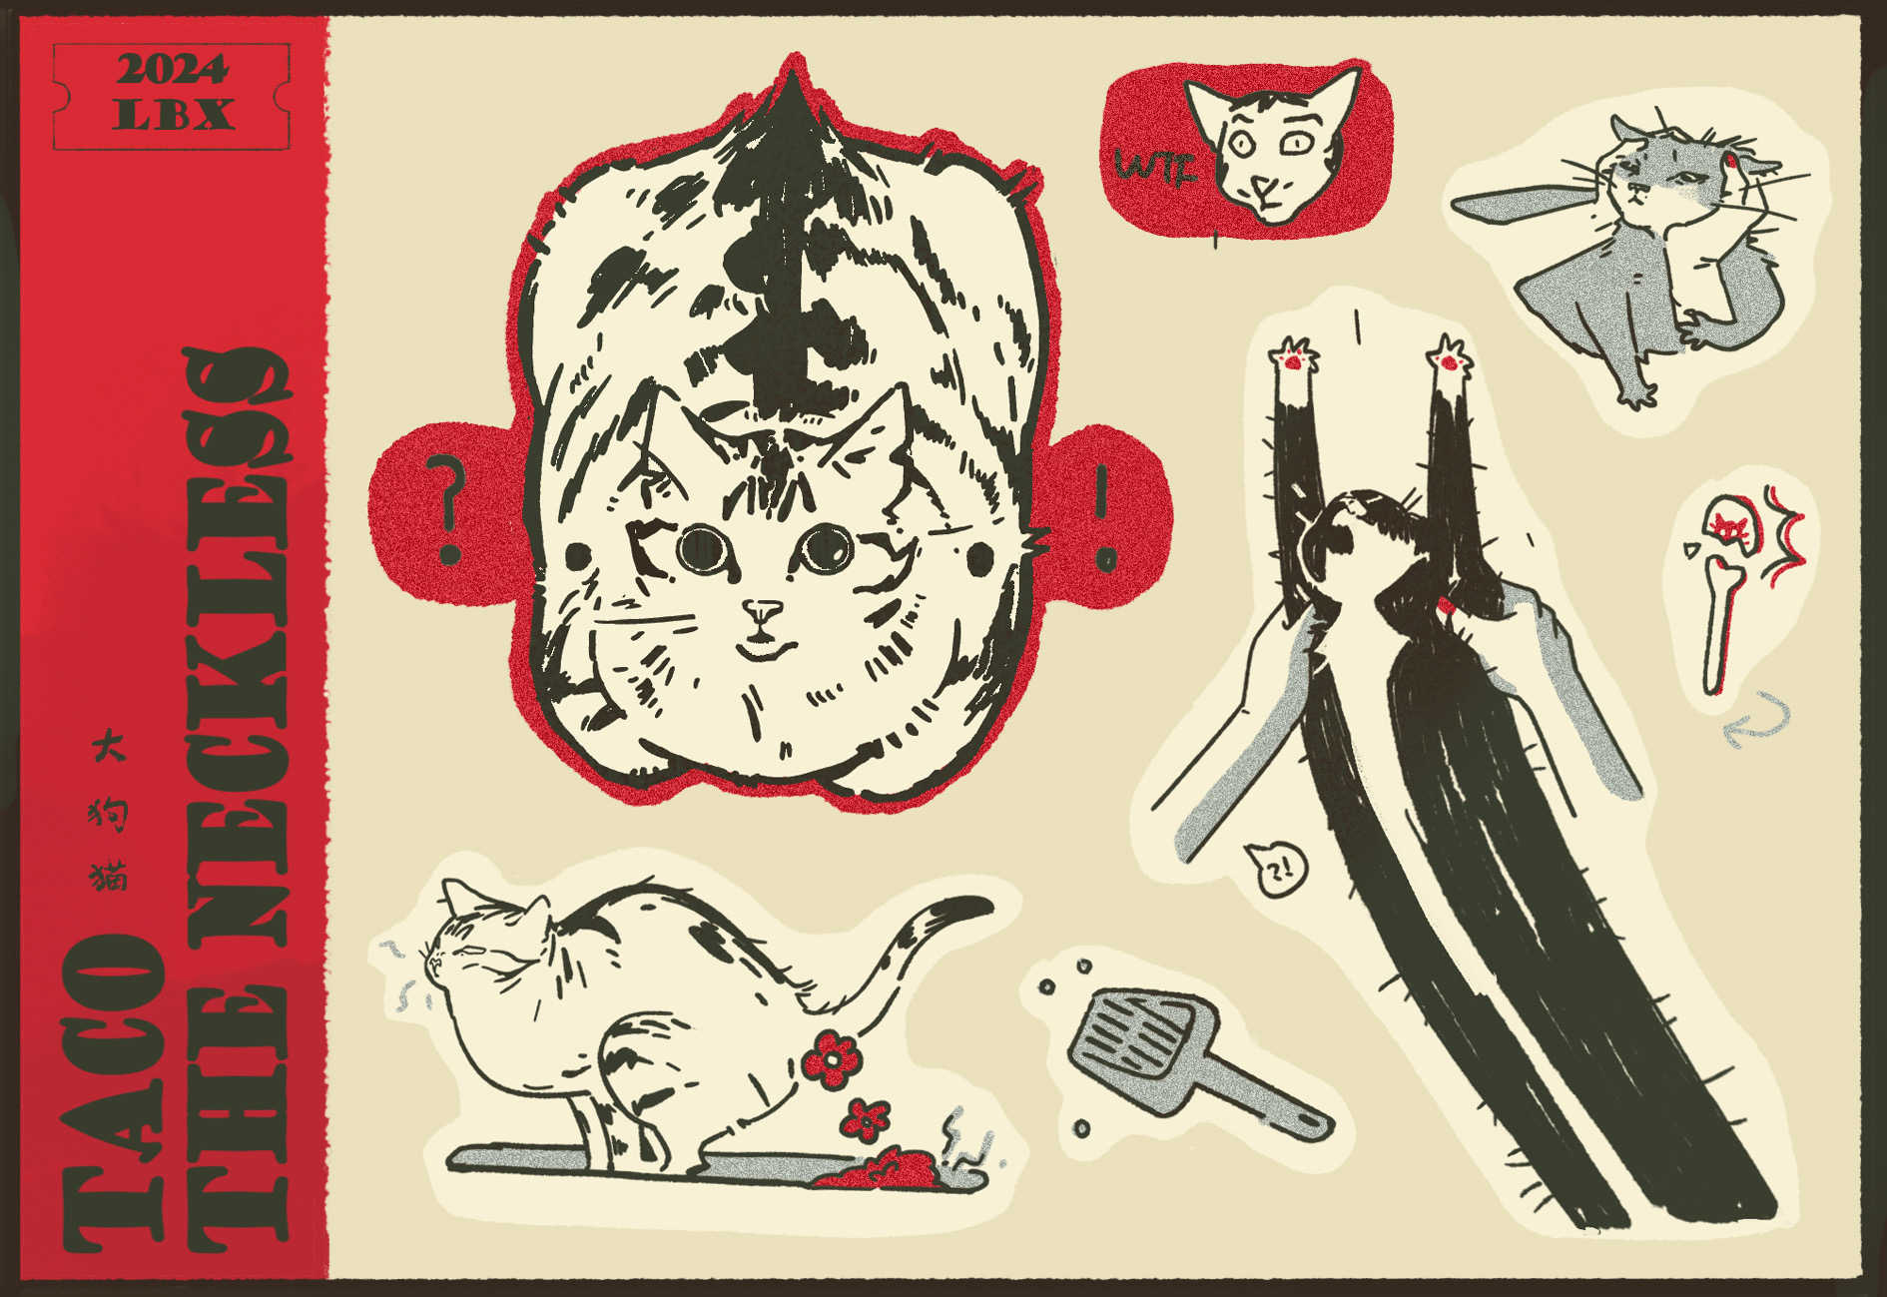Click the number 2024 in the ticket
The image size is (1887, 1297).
tap(172, 70)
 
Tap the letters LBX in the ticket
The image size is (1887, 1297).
tap(173, 114)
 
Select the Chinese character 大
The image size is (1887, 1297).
tap(108, 745)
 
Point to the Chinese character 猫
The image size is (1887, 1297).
tap(108, 876)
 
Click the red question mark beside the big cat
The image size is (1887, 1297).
tap(446, 509)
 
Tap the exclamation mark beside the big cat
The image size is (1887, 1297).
tap(1104, 518)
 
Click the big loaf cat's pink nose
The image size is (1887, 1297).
tap(764, 609)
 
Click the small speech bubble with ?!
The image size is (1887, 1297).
tap(1275, 869)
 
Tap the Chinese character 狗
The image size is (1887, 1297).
tap(108, 812)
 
